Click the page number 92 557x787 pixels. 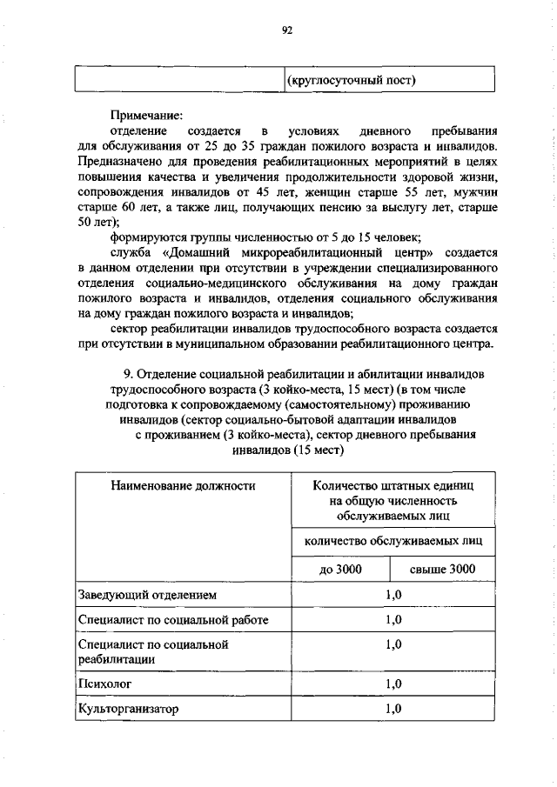click(286, 30)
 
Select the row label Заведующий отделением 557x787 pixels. click(145, 595)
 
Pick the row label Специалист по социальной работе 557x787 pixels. click(173, 620)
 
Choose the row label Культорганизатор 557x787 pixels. click(128, 709)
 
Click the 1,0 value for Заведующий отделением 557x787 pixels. click(393, 595)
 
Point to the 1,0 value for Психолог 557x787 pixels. click(393, 684)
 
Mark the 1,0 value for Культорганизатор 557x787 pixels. click(393, 709)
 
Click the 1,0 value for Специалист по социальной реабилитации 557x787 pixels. click(393, 645)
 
